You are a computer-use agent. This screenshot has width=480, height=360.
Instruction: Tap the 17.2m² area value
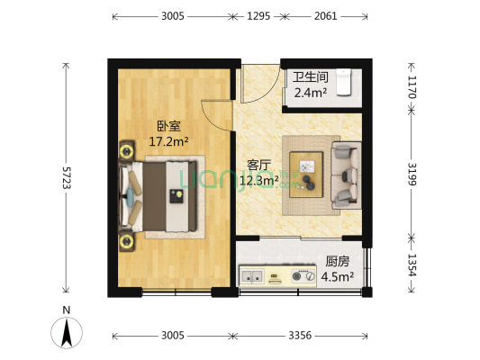(168, 141)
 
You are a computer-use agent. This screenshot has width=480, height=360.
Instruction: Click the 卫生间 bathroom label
(308, 77)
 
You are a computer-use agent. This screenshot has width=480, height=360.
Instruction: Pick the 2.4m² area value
(311, 91)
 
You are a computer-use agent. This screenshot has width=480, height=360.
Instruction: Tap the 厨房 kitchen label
(339, 262)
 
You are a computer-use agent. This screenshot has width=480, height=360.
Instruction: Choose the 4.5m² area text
(338, 276)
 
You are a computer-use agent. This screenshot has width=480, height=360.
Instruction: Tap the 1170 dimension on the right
(412, 86)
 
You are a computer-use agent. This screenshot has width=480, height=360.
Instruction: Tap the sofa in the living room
(346, 173)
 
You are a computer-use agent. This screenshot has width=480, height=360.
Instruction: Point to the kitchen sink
(253, 275)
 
